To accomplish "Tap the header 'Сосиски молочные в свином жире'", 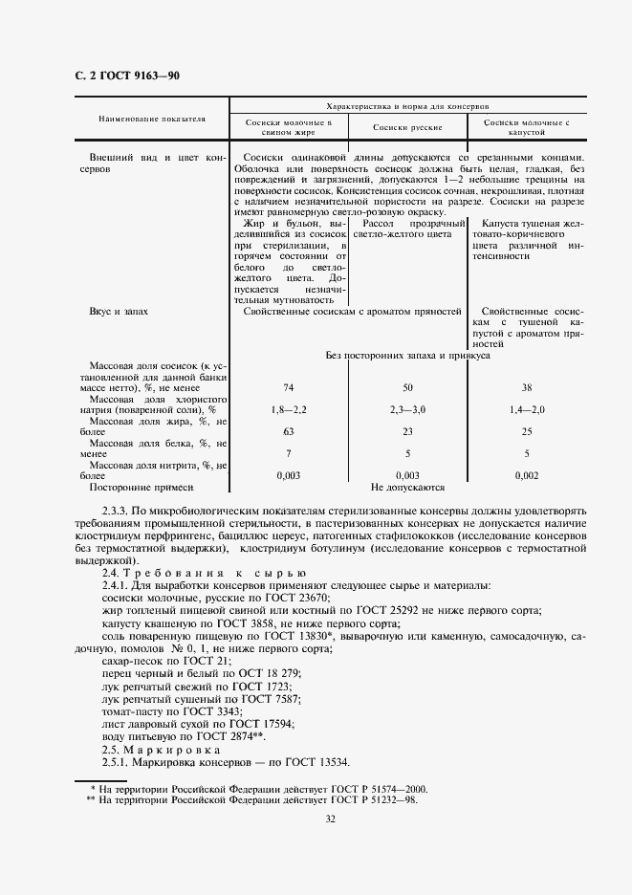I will point(288,128).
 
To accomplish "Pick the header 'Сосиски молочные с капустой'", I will point(527,128).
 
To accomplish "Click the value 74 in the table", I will point(288,387).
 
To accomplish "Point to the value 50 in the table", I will point(407,387).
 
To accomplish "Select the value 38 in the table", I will point(527,387).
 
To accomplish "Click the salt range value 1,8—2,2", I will point(288,409).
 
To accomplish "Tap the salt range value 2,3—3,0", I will point(407,409).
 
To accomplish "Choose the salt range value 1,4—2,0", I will point(527,409).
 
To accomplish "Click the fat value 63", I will point(288,431).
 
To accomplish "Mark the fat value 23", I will point(407,431).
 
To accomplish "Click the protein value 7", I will point(288,453).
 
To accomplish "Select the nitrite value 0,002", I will point(527,474).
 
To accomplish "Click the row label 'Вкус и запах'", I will point(120,312).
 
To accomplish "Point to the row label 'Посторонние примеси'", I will point(132,487).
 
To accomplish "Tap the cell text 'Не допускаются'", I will point(407,487).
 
